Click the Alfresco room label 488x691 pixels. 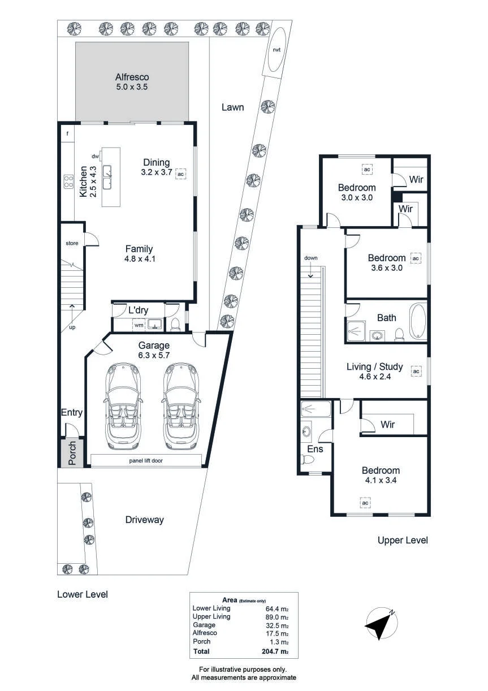(132, 77)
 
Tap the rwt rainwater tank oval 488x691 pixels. (277, 49)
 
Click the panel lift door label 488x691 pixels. (146, 460)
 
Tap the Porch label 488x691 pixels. (72, 453)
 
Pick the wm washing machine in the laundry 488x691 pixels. (139, 325)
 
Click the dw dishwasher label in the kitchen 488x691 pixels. (95, 157)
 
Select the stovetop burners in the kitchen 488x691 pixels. (68, 182)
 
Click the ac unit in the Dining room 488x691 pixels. (181, 174)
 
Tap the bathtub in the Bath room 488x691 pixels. (418, 322)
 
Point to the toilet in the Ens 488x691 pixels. (307, 459)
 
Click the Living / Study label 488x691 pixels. (374, 366)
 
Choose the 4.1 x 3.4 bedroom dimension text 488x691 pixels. (381, 480)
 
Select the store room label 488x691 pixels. (72, 243)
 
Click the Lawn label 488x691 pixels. (232, 107)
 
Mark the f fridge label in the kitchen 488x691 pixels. (67, 133)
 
